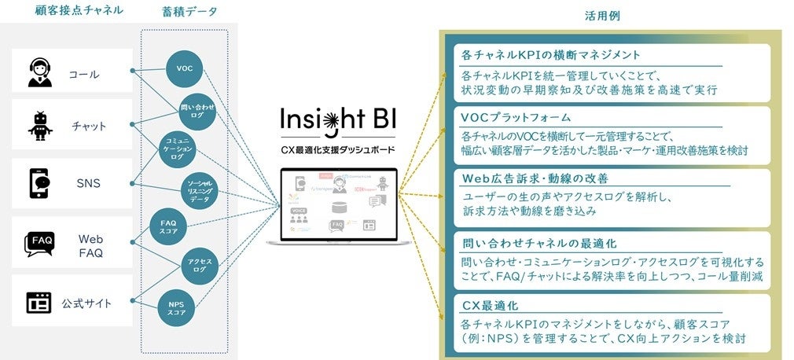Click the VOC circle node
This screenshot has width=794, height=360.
click(185, 68)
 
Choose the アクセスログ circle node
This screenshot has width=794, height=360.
click(198, 264)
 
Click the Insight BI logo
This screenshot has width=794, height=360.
click(339, 122)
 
